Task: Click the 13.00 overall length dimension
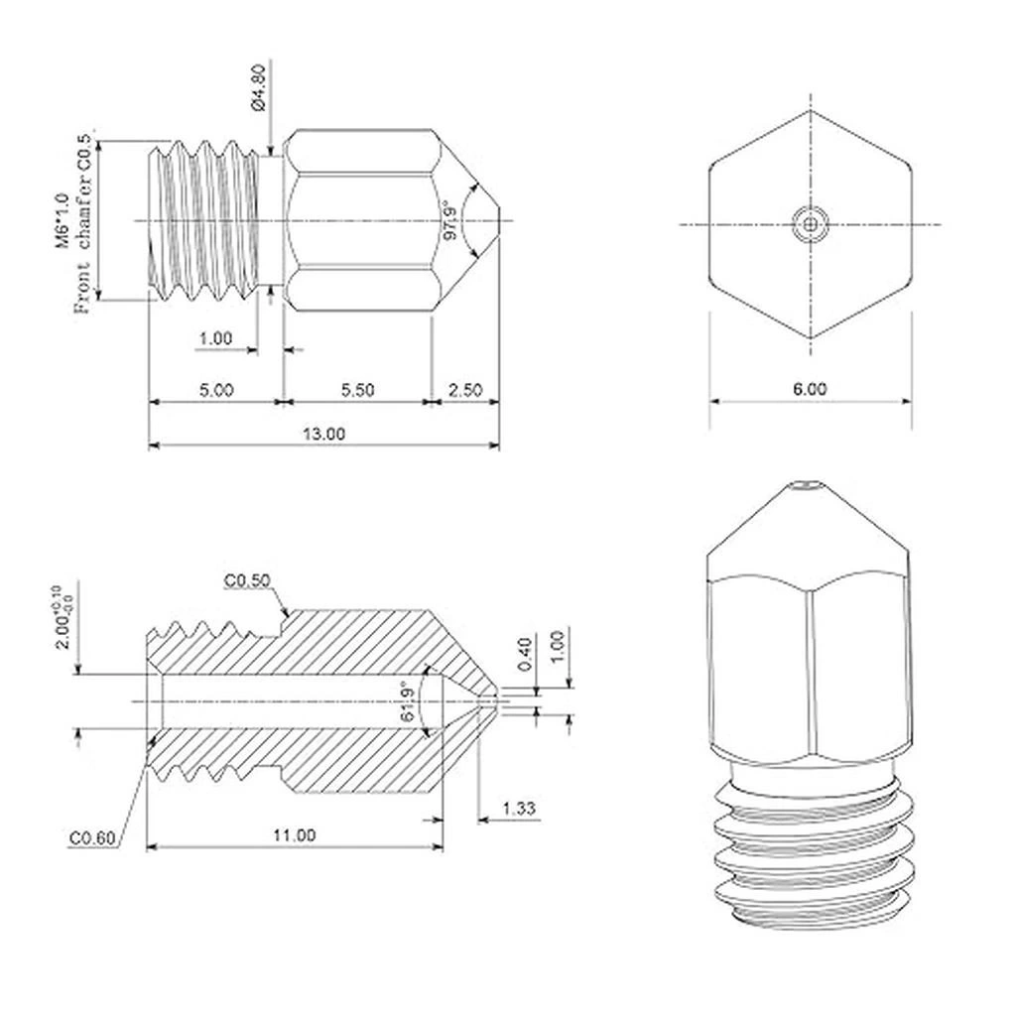324,434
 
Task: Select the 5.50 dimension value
357,390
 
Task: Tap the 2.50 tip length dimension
465,390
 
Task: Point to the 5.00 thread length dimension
215,390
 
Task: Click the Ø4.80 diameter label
258,87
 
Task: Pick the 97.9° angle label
449,220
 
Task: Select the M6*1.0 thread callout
63,220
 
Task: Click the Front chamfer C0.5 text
83,224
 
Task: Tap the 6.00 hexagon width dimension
810,389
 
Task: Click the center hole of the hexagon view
810,225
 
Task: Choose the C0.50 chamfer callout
247,580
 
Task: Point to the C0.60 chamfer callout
92,837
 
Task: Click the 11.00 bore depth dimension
294,835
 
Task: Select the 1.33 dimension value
519,808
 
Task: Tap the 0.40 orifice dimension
525,655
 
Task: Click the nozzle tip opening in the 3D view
808,484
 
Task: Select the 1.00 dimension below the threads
215,338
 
